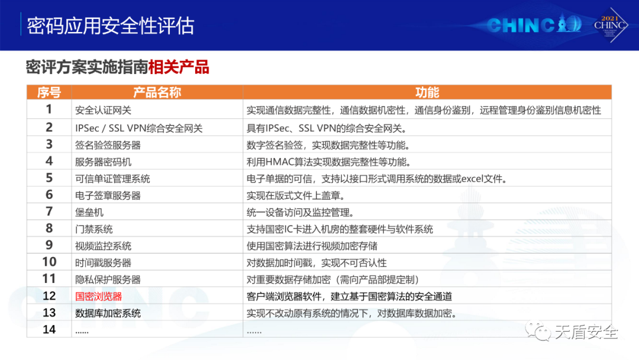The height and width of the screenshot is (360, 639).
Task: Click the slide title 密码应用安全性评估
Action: tap(111, 25)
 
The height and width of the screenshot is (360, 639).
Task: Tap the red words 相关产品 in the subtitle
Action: tap(179, 67)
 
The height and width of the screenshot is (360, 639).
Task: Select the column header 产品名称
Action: tap(157, 92)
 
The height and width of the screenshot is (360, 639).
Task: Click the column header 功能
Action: tap(427, 92)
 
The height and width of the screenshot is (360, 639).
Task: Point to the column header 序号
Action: tap(49, 92)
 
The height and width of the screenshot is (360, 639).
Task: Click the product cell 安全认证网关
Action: tap(103, 110)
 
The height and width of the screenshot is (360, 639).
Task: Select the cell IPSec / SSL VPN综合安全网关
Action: tap(139, 128)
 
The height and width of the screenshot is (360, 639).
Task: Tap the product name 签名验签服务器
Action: tap(108, 145)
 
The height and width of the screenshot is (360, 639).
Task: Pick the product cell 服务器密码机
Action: tap(103, 162)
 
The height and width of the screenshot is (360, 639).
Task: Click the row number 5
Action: tap(49, 178)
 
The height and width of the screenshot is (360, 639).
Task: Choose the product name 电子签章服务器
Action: tap(108, 196)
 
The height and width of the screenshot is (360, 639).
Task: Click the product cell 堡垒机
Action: tap(89, 213)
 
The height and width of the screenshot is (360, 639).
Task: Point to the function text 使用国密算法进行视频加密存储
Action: tap(312, 246)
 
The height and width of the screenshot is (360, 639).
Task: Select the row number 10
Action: tap(49, 262)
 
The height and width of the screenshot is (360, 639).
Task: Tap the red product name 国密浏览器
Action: tap(99, 297)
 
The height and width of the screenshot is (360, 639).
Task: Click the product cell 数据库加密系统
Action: tap(108, 313)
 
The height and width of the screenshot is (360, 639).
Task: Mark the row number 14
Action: tap(49, 329)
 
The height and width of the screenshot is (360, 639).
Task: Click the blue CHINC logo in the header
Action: tap(534, 25)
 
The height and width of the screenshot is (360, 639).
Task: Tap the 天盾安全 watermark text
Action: tap(586, 332)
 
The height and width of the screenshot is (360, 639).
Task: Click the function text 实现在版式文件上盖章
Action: tap(295, 196)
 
